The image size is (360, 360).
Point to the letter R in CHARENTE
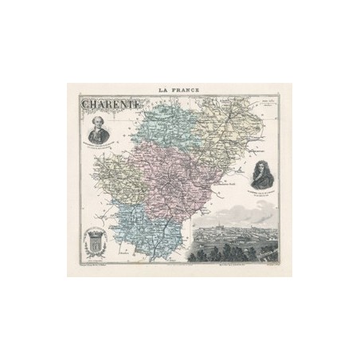click(108, 104)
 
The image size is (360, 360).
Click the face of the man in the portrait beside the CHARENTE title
click(100, 121)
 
